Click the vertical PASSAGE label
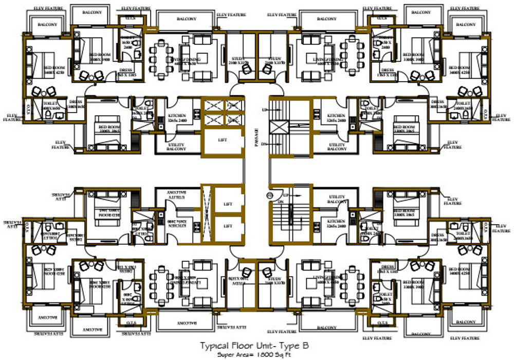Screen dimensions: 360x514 [256, 138]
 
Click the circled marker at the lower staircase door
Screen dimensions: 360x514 [268, 195]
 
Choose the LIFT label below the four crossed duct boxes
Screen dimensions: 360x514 [223, 139]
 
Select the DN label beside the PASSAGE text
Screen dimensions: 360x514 [264, 144]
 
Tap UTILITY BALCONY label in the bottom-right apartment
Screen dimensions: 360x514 [337, 200]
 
